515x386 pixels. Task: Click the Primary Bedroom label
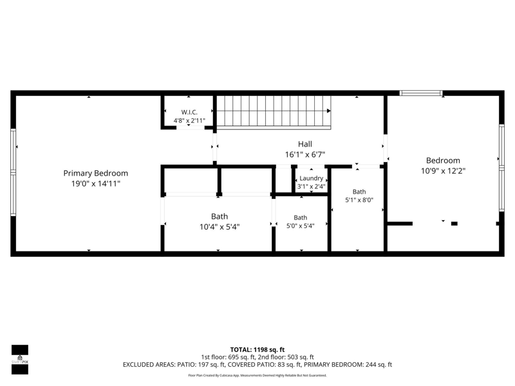click(95, 173)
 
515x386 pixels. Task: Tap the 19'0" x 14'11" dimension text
click(95, 183)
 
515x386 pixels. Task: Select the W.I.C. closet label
click(189, 112)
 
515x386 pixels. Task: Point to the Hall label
click(304, 144)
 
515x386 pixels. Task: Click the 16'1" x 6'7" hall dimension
click(304, 154)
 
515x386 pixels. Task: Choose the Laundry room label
click(312, 178)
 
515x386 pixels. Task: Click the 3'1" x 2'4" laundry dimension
click(312, 187)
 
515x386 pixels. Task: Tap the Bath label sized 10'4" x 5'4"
click(220, 216)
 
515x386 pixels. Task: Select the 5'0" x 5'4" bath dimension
click(300, 226)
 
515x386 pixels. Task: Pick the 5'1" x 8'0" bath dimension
click(359, 200)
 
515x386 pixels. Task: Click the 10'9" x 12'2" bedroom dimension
click(443, 171)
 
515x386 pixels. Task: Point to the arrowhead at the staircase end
click(329, 111)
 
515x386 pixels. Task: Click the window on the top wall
click(421, 93)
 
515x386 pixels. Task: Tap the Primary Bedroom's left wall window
click(13, 172)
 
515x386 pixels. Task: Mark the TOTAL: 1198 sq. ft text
click(257, 349)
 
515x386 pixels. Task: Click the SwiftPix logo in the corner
click(20, 360)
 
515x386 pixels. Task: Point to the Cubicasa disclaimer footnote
click(257, 375)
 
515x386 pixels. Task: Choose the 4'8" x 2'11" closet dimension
click(189, 121)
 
